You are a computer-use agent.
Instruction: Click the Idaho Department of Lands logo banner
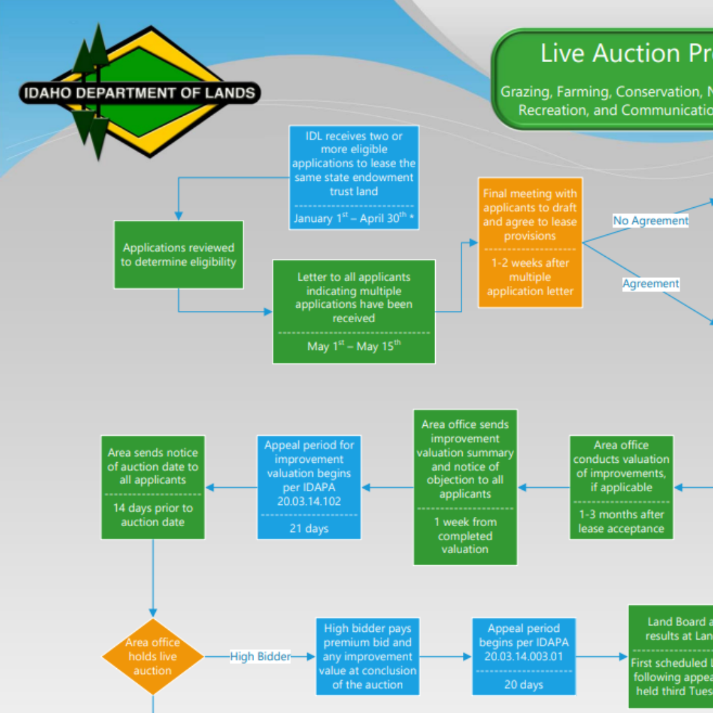(x=140, y=93)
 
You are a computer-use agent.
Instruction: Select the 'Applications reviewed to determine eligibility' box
(x=178, y=255)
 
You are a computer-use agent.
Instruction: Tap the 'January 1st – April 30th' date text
(x=354, y=218)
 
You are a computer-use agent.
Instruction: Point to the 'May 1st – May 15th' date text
(x=354, y=346)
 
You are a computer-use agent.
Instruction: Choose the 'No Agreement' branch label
(x=650, y=221)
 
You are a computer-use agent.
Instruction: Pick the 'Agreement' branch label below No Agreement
(x=650, y=283)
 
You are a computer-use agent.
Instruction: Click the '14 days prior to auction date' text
(x=153, y=515)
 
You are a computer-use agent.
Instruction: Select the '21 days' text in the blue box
(x=308, y=528)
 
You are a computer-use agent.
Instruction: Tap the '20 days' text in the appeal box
(x=524, y=685)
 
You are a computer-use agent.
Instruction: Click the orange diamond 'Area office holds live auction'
(x=153, y=656)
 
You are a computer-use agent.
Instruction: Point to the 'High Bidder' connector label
(x=260, y=656)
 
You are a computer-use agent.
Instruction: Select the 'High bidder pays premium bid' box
(x=367, y=656)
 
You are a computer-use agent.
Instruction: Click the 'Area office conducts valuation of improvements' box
(x=621, y=466)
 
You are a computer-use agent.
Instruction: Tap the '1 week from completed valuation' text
(x=465, y=535)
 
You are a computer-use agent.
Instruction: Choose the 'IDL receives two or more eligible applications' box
(x=354, y=164)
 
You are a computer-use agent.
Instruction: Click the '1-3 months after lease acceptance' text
(x=621, y=522)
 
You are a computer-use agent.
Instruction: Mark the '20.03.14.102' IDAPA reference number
(x=308, y=501)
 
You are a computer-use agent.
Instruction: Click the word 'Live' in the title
(x=563, y=53)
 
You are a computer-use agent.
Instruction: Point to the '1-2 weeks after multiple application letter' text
(x=530, y=277)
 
